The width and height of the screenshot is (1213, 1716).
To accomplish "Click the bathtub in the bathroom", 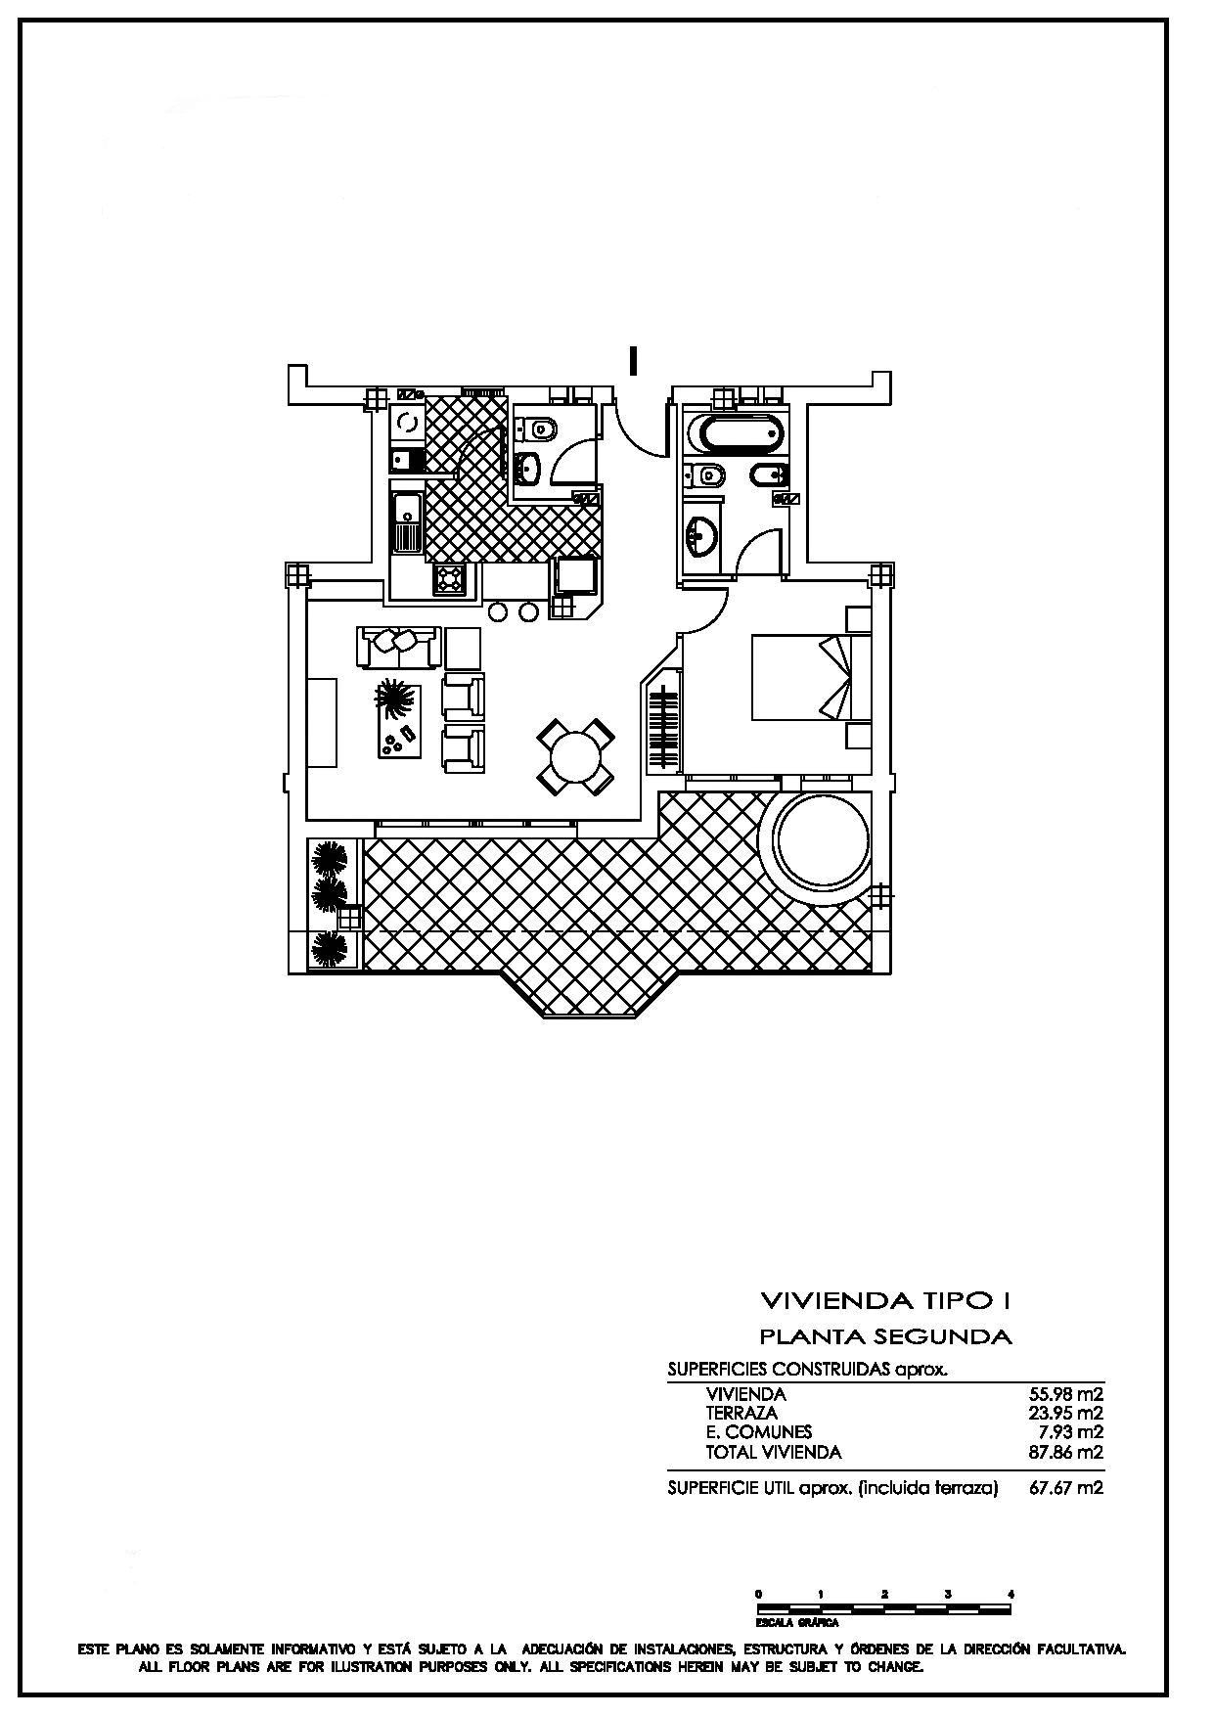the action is [737, 433].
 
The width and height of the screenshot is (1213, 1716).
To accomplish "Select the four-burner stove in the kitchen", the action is [449, 579].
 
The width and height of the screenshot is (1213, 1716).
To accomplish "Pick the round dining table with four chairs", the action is [575, 756].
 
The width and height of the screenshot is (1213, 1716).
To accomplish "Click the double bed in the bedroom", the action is [811, 678].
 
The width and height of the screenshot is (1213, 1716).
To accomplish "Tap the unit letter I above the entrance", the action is [634, 361].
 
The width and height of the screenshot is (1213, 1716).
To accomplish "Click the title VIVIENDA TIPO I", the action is [885, 1300].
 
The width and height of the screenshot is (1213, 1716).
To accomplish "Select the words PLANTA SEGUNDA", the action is [885, 1335].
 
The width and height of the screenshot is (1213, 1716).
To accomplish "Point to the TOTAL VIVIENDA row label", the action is [773, 1452].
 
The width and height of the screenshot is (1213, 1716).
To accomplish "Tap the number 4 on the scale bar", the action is [1011, 1594].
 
